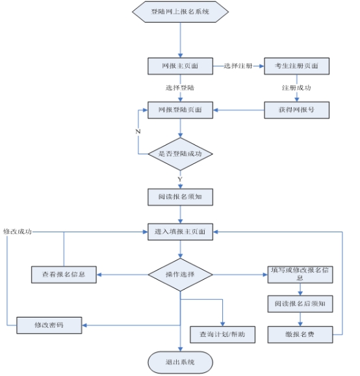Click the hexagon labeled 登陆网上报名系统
click(x=181, y=12)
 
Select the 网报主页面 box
click(x=181, y=66)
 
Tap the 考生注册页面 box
click(x=297, y=66)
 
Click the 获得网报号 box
click(x=297, y=110)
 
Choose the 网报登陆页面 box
click(x=181, y=110)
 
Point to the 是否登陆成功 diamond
click(x=181, y=154)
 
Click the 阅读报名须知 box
click(x=181, y=197)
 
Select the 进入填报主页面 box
click(x=181, y=232)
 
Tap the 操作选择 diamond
click(x=181, y=275)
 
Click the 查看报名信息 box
click(x=64, y=275)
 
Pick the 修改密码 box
click(x=49, y=325)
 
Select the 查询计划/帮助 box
click(x=222, y=334)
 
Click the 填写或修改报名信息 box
click(x=300, y=275)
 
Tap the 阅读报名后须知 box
click(x=300, y=304)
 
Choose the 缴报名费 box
click(x=300, y=334)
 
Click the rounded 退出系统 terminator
click(x=181, y=362)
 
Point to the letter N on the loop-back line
click(x=138, y=131)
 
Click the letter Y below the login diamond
click(x=180, y=179)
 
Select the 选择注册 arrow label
click(x=238, y=66)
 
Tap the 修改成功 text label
click(x=18, y=232)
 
